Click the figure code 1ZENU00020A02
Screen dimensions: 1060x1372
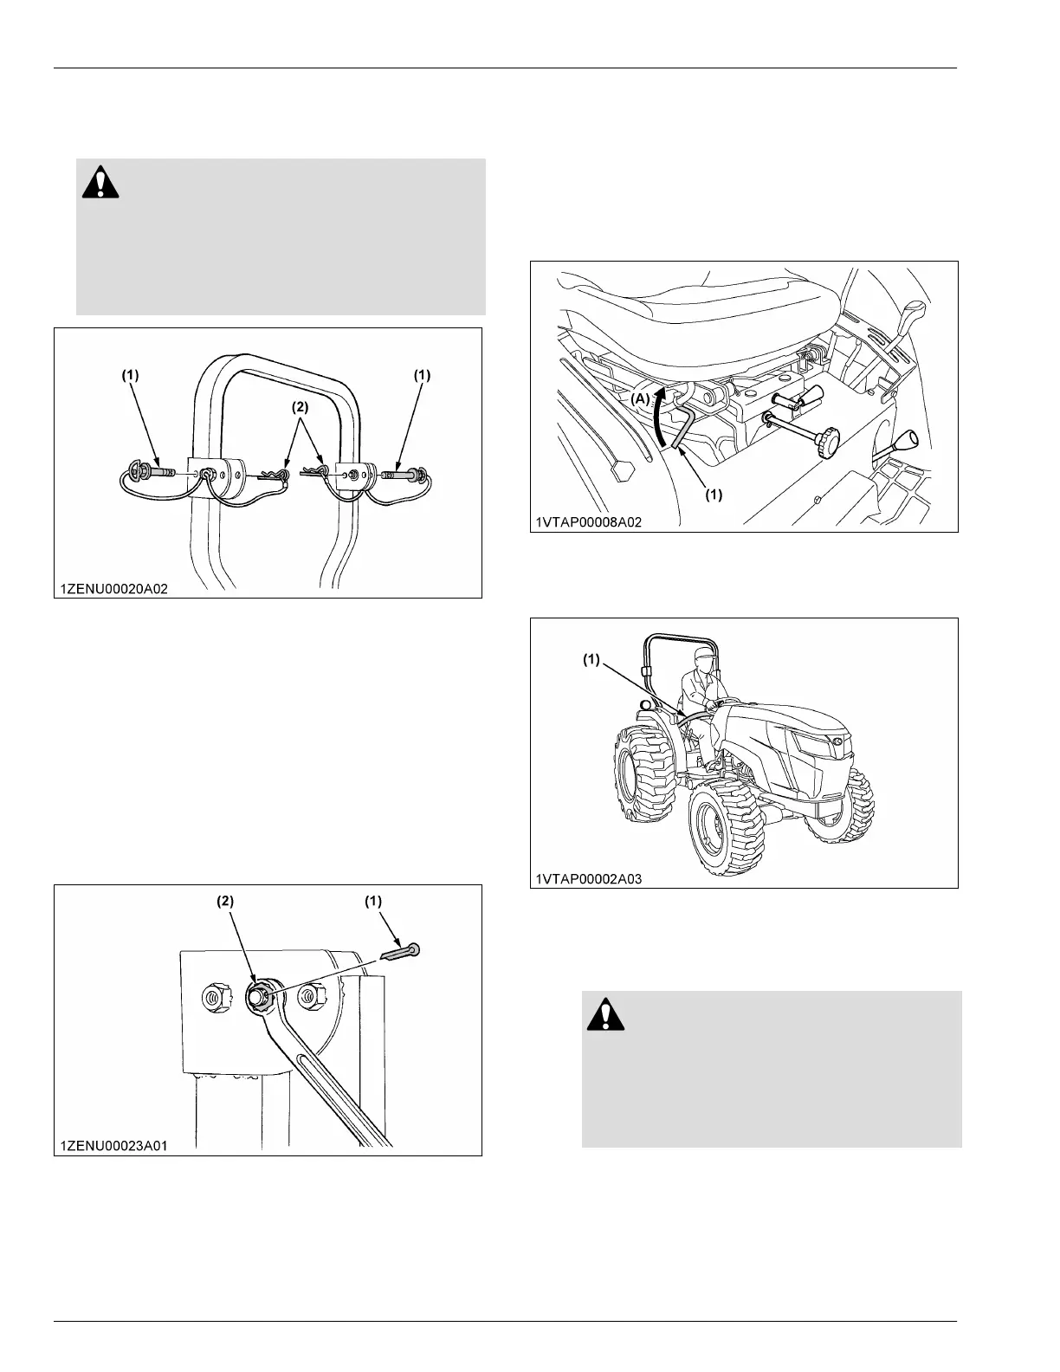pyautogui.click(x=113, y=588)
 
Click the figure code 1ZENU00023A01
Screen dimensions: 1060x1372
pyautogui.click(x=113, y=1146)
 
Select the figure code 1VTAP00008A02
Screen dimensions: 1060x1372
pyautogui.click(x=589, y=522)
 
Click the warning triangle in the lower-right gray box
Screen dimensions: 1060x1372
pyautogui.click(x=606, y=1013)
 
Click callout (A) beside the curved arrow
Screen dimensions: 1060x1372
pyautogui.click(x=640, y=399)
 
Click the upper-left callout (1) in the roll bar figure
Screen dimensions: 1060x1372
pyautogui.click(x=130, y=375)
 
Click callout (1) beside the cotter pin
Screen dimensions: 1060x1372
pyautogui.click(x=372, y=901)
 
